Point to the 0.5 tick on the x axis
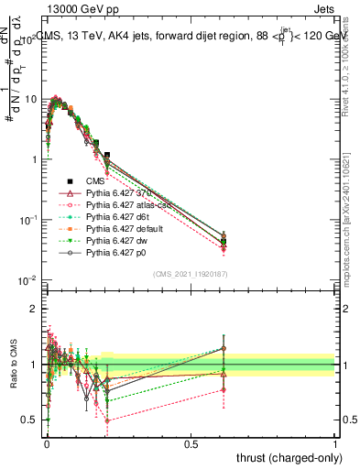[x=191, y=442]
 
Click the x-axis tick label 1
[x=335, y=442]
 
